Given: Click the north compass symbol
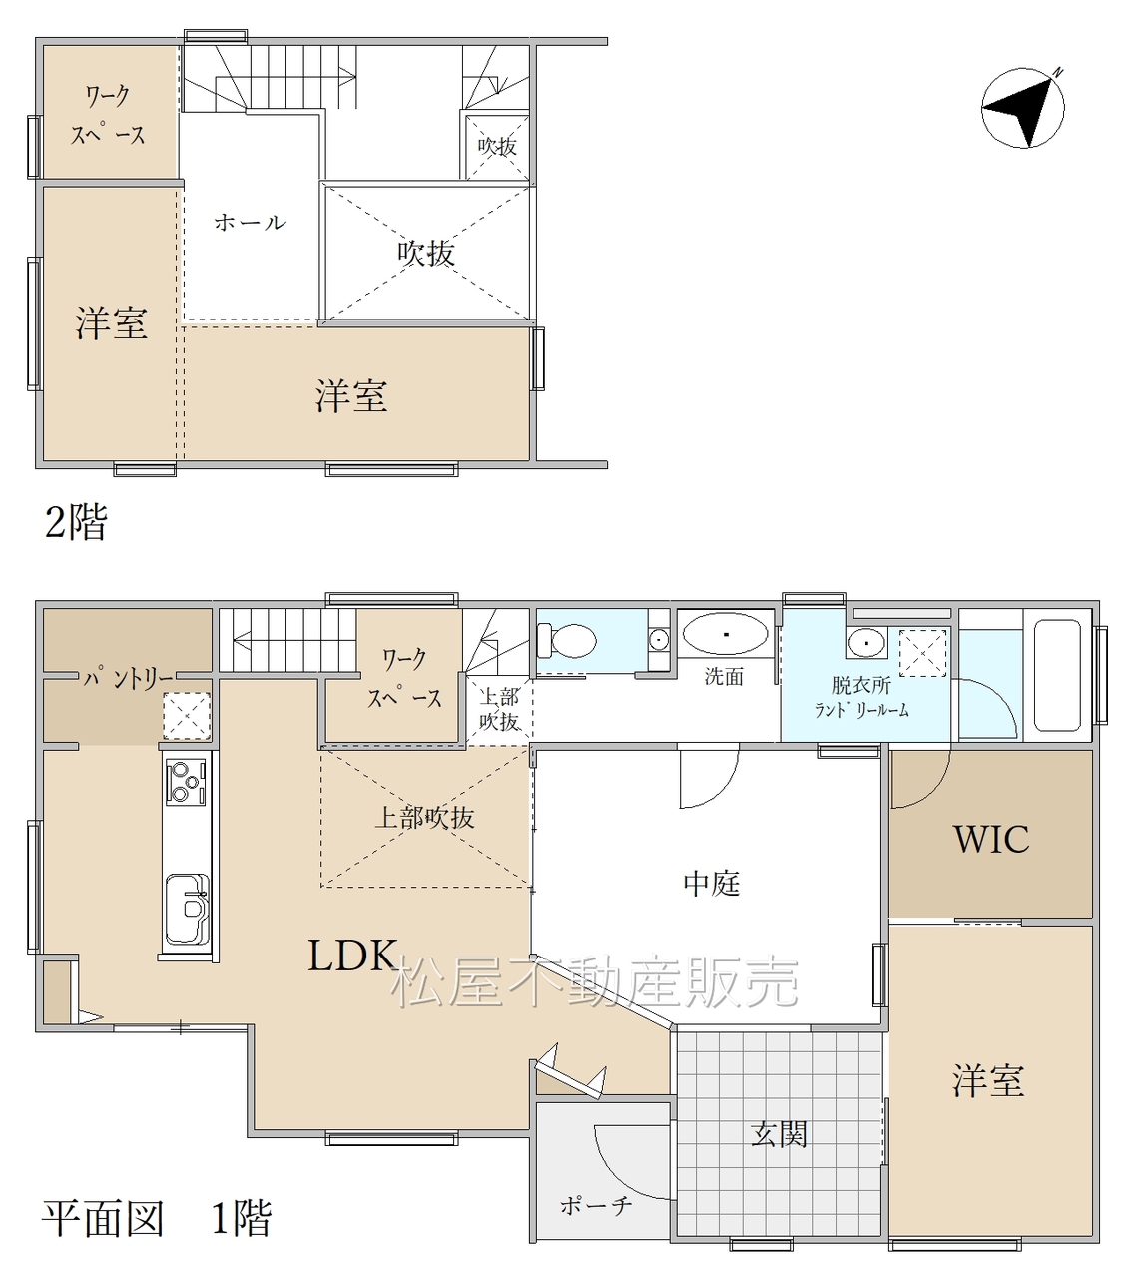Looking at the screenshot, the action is (1022, 107).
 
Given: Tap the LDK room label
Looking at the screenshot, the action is (352, 955).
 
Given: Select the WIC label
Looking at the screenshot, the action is (991, 839).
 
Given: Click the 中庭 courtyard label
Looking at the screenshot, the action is (712, 884).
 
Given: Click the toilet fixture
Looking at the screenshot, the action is (566, 641).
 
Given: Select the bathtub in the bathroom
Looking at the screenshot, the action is (1057, 674).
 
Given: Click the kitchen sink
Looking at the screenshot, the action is (187, 908).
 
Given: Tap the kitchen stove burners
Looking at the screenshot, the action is (186, 782).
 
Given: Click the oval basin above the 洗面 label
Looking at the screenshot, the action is (725, 633).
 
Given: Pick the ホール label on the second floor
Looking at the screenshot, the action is (251, 222).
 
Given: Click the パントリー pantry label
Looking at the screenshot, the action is (129, 679).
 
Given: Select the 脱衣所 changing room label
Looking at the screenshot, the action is (860, 685).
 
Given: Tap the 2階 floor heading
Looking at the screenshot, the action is (76, 522).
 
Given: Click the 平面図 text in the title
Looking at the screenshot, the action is (103, 1219).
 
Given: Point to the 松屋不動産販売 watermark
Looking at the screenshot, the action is (595, 981).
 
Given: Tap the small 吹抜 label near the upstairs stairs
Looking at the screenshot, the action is (497, 147).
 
